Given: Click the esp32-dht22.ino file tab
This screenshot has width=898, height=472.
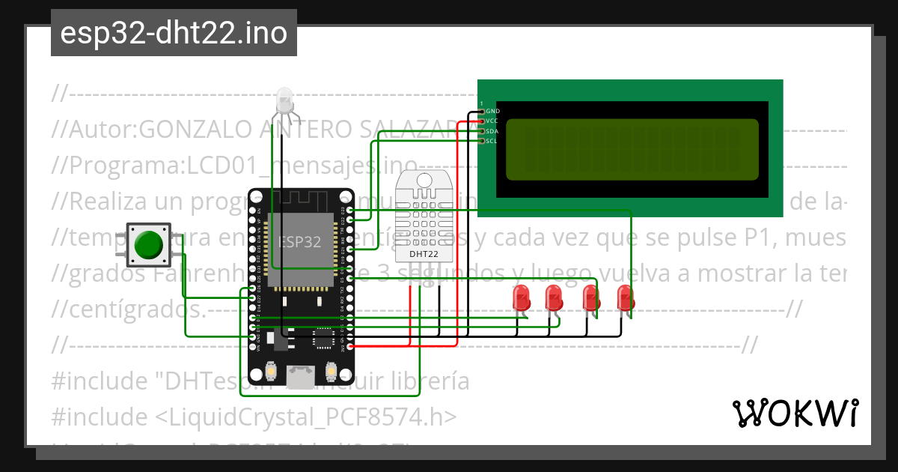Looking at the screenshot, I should (174, 33).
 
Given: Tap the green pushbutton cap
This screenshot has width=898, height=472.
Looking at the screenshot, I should (150, 244).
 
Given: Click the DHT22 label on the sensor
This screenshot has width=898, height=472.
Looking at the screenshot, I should (424, 254).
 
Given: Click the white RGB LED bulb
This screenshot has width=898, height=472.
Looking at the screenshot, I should (284, 100).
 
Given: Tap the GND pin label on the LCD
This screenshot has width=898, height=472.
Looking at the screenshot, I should (493, 111).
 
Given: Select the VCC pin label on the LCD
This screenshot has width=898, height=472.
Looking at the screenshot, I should (492, 121).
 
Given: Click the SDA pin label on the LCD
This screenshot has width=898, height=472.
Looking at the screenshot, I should (492, 131).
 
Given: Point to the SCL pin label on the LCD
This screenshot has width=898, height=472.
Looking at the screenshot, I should (492, 141).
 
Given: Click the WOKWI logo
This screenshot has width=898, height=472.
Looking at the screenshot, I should (795, 413).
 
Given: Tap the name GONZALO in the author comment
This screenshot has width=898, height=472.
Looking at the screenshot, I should (192, 130).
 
